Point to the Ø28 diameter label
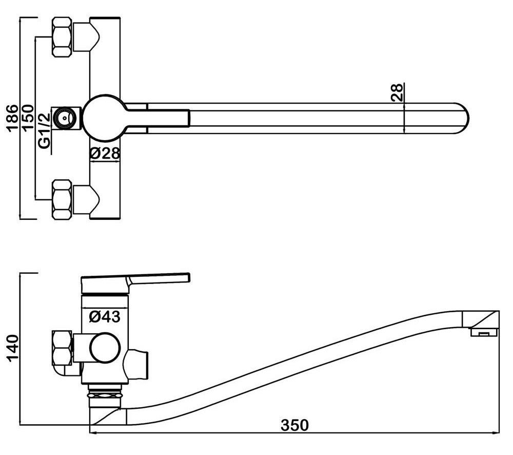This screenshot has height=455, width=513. pyautogui.click(x=104, y=153)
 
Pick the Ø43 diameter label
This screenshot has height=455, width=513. pyautogui.click(x=104, y=317)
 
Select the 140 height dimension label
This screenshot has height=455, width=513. pyautogui.click(x=12, y=349)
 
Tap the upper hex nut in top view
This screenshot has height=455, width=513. pyautogui.click(x=62, y=37)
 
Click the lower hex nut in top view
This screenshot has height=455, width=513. pyautogui.click(x=62, y=199)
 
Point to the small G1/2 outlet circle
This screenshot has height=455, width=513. pyautogui.click(x=64, y=118)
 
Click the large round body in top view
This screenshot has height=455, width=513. pyautogui.click(x=104, y=118)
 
